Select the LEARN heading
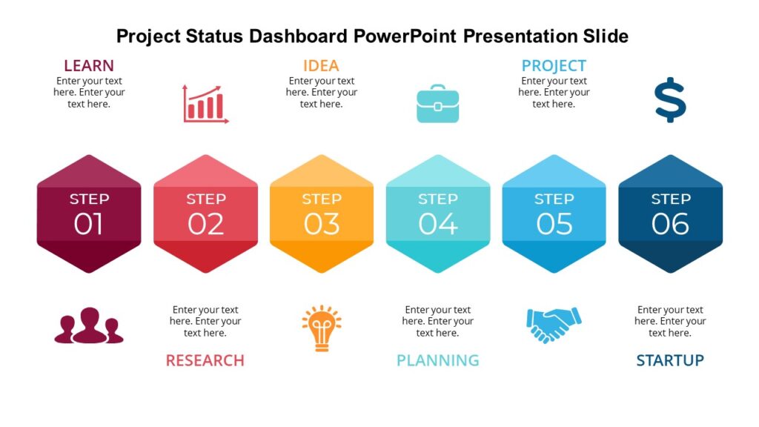[x=88, y=65]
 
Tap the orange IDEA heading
[x=321, y=65]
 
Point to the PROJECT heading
[x=554, y=65]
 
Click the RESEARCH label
[x=205, y=360]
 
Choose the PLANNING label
[x=437, y=360]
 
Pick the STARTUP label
[x=670, y=360]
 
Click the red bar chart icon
[x=205, y=104]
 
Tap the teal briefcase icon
[x=437, y=104]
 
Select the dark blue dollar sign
[x=670, y=99]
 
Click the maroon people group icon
[x=89, y=325]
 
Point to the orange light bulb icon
[x=321, y=327]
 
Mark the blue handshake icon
[x=554, y=325]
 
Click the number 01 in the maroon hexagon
[x=88, y=224]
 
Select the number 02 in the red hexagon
[x=205, y=224]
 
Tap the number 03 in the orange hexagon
[x=322, y=224]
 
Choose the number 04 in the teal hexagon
[x=437, y=224]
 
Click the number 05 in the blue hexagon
[x=554, y=224]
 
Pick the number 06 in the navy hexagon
[x=670, y=224]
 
